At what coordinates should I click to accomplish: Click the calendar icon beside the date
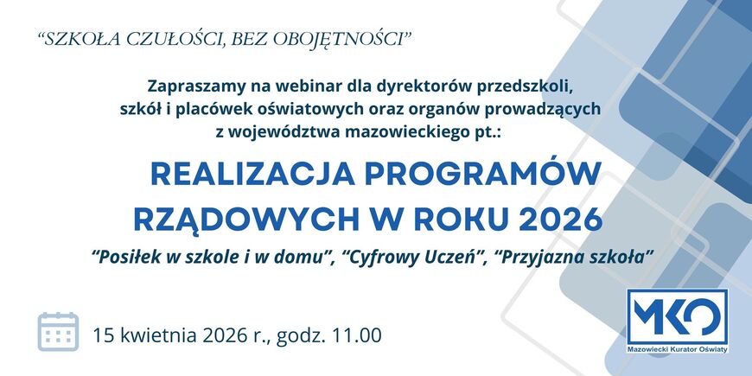click(x=58, y=332)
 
